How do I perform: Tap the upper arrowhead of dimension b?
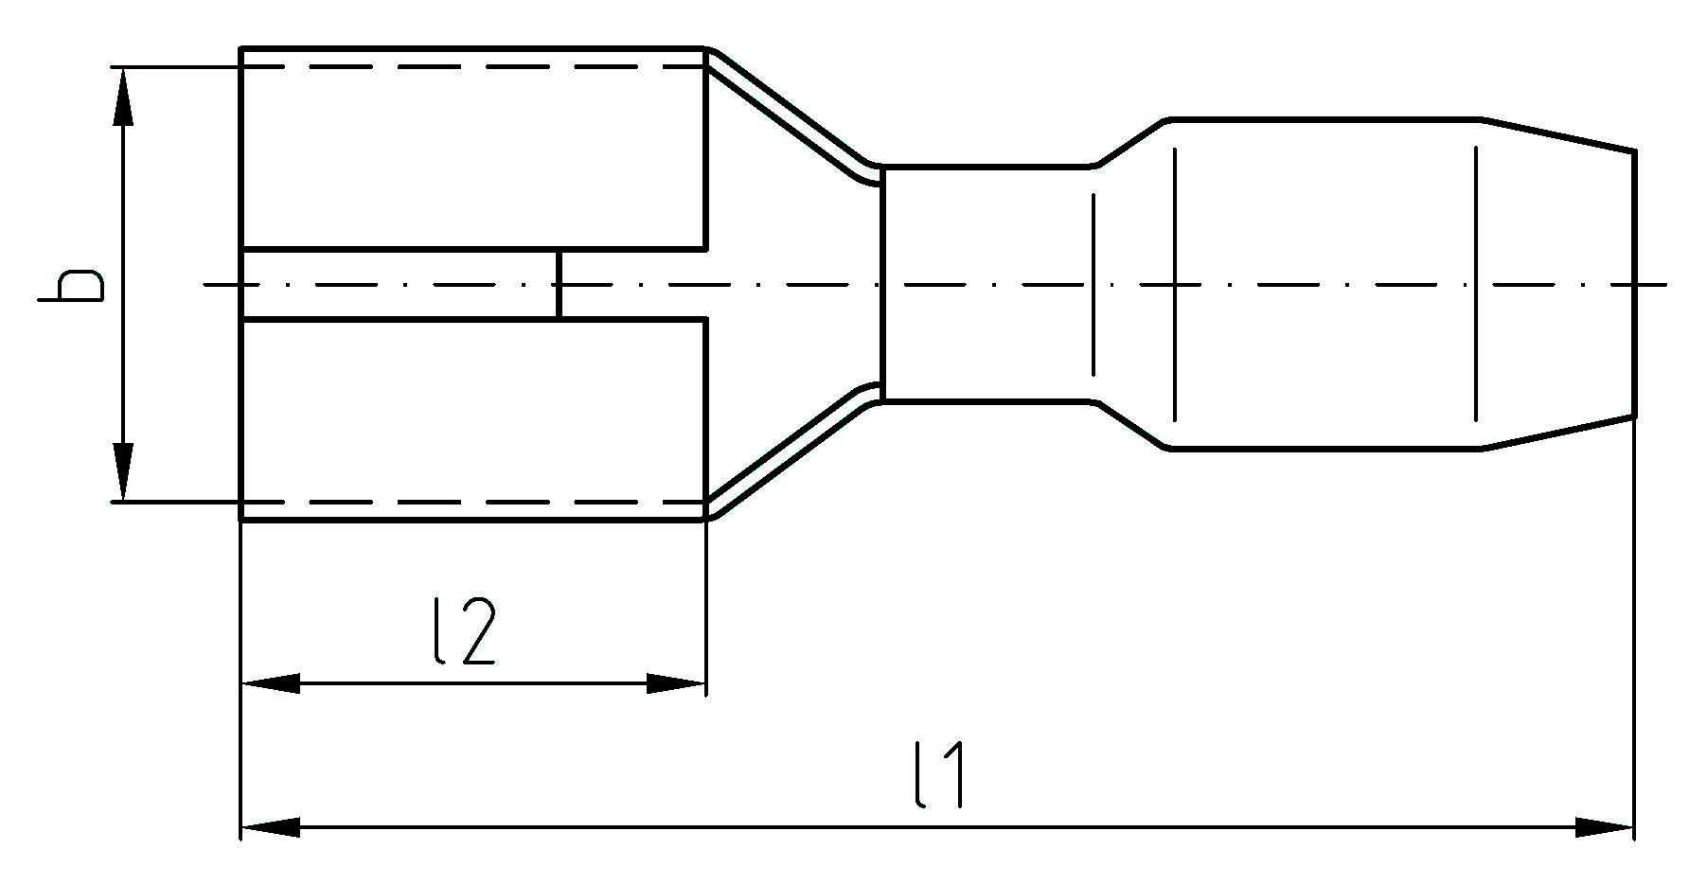tap(123, 97)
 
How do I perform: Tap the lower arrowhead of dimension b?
tap(123, 472)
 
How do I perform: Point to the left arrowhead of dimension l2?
tap(271, 683)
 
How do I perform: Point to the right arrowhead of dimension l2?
tap(676, 683)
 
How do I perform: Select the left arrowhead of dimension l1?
tap(271, 827)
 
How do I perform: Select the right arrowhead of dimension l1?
tap(1605, 827)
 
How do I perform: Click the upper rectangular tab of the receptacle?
tap(473, 149)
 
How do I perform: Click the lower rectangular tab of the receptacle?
tap(473, 419)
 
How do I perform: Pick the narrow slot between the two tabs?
tap(400, 285)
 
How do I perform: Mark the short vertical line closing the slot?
tap(559, 285)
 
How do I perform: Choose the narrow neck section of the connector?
tap(987, 284)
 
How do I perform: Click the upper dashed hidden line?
tap(473, 67)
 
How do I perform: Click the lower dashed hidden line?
tap(473, 502)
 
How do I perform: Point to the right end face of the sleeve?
tap(1634, 283)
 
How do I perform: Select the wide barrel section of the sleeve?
tap(1325, 284)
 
